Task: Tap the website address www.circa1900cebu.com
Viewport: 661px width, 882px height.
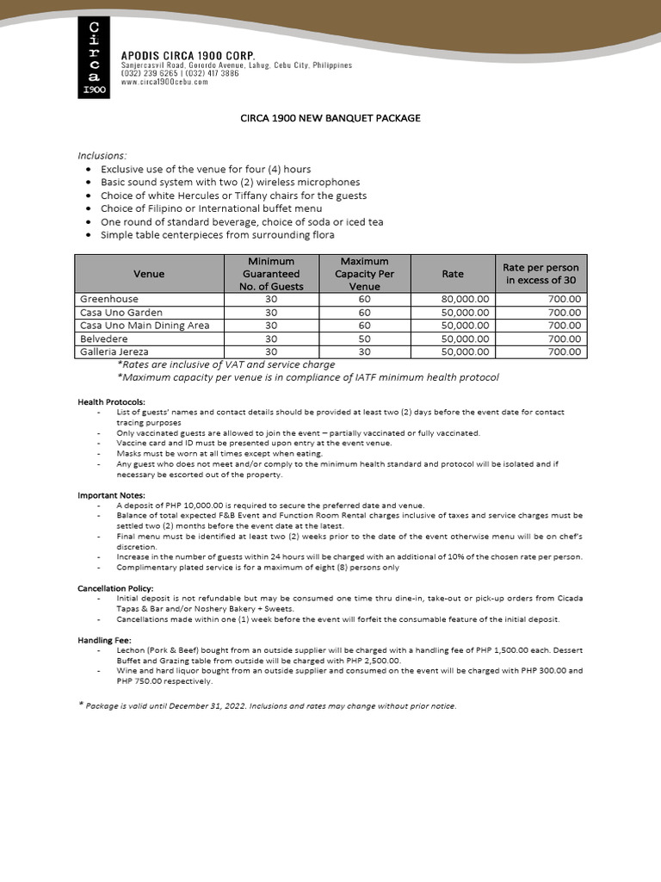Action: tap(164, 82)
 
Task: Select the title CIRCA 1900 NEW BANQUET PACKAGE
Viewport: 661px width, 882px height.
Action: tap(330, 118)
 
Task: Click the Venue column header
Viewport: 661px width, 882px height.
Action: tap(149, 274)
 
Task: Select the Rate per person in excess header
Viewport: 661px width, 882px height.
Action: tap(541, 274)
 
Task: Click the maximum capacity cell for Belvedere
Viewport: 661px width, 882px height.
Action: tap(364, 339)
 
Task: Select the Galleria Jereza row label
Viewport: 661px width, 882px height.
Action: tap(114, 352)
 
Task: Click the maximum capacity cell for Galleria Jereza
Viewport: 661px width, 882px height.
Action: tap(364, 352)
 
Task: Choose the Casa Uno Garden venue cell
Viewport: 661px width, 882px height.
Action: tap(120, 313)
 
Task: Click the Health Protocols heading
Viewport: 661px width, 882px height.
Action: tap(112, 402)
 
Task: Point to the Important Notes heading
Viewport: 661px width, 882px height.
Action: tap(112, 495)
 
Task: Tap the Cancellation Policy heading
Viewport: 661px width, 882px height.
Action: tap(115, 587)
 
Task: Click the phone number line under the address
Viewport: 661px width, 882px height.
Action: tap(180, 74)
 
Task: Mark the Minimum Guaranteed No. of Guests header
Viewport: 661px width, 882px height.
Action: tap(271, 274)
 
